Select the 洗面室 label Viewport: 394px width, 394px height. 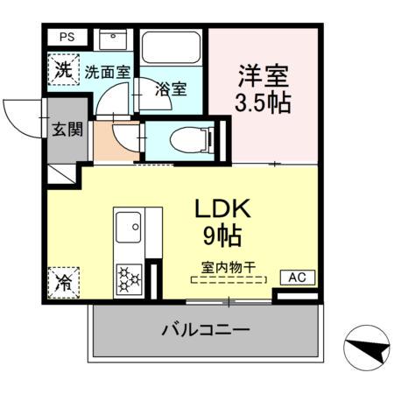[x=107, y=71]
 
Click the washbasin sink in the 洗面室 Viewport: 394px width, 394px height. [x=113, y=40]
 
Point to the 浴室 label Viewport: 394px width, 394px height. [x=171, y=88]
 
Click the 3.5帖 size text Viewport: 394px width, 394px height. [x=263, y=102]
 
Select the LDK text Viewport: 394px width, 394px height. [x=222, y=210]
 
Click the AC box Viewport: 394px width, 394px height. [x=297, y=278]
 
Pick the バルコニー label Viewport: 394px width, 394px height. [x=205, y=331]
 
